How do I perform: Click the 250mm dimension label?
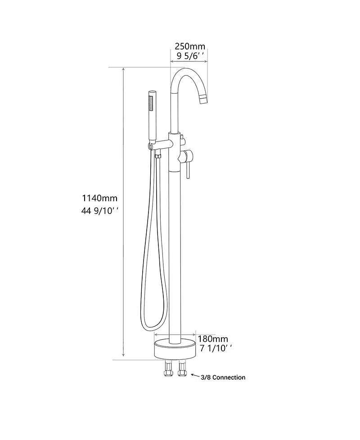[x=189, y=46]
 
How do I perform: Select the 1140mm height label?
[x=99, y=198]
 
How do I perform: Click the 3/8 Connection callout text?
[x=223, y=377]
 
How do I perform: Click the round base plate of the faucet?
[x=175, y=349]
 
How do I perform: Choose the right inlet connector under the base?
[x=182, y=371]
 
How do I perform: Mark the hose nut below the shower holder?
[x=157, y=157]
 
